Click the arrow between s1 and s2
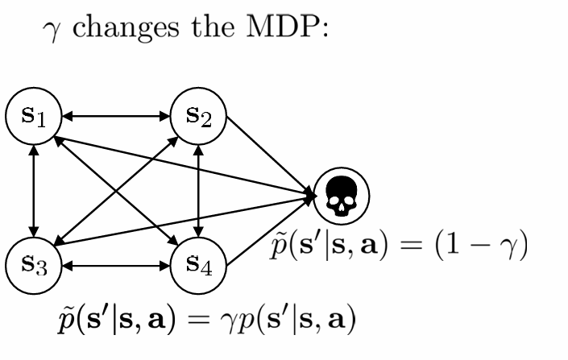point(117,117)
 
